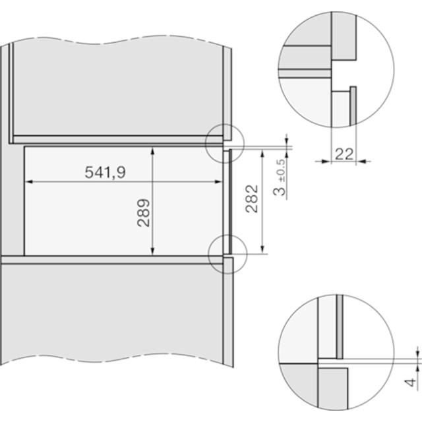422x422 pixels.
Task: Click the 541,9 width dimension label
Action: coord(105,172)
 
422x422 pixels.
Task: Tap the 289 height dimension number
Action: coord(144,212)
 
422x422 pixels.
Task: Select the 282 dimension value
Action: coord(252,198)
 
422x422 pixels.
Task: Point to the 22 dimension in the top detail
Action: coord(344,154)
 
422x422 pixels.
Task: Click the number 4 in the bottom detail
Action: coord(410,382)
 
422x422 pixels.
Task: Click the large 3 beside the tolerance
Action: coord(279,191)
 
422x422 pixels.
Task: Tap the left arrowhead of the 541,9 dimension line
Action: coord(29,182)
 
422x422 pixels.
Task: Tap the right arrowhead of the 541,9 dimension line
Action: coord(218,182)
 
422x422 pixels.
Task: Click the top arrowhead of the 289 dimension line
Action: coord(152,151)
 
